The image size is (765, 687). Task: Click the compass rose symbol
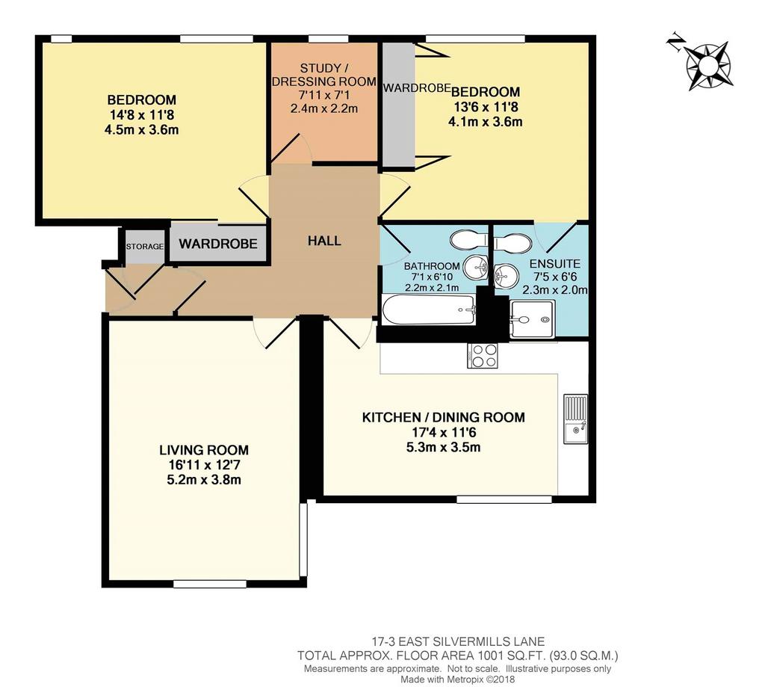(708, 65)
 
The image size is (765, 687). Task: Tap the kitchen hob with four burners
(483, 356)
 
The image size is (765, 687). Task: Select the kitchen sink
(576, 419)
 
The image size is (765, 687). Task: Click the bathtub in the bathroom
(428, 309)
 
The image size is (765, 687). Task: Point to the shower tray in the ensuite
(532, 319)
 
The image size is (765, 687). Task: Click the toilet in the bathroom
(468, 240)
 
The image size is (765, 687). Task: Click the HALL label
(324, 240)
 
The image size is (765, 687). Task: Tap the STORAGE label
(144, 247)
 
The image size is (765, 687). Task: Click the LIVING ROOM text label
(204, 450)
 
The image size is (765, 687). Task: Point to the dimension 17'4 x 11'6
(443, 432)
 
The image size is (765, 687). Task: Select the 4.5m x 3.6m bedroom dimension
(141, 130)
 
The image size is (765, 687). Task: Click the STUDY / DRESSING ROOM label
(324, 75)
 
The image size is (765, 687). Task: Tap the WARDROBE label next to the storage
(218, 244)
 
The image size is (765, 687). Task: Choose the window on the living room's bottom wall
(210, 584)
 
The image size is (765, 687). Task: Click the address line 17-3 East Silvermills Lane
(458, 641)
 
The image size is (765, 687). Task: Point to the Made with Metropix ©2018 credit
(458, 680)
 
